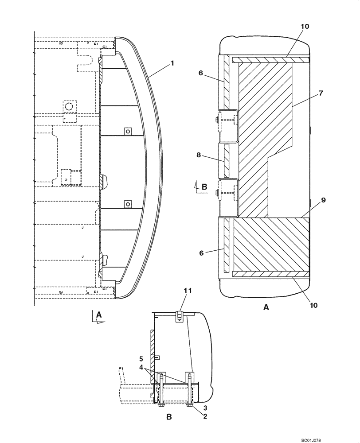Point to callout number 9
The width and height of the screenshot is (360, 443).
[x=323, y=200]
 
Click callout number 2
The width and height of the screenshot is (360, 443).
[x=205, y=416]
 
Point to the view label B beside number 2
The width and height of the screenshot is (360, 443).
[x=168, y=417]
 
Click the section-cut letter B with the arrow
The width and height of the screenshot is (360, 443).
[x=204, y=187]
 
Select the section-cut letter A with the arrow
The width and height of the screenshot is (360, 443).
[x=99, y=315]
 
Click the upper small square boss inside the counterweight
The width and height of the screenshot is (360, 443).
[x=127, y=131]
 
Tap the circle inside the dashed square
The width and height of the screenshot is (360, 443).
[x=68, y=106]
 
